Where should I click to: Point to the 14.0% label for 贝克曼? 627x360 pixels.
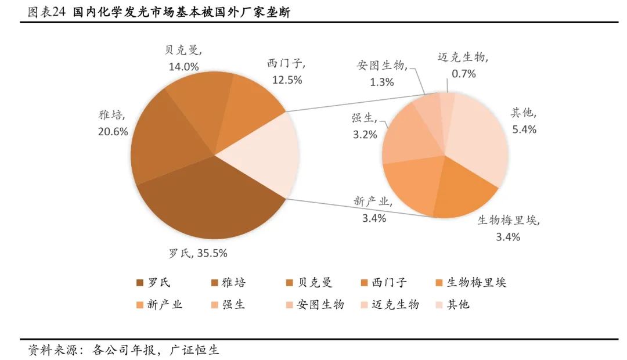183,66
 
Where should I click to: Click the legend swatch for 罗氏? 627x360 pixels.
139,283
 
